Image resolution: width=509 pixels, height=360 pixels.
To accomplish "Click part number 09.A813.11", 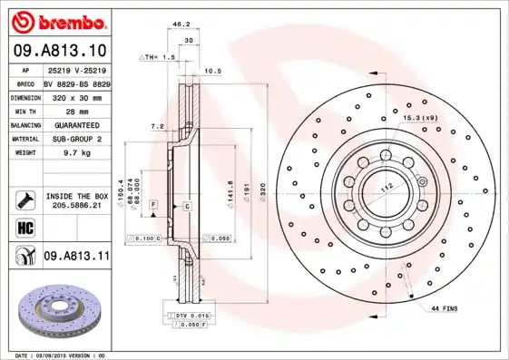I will point(76,257).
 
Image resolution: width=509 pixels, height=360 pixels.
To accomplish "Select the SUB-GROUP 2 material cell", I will point(75,139).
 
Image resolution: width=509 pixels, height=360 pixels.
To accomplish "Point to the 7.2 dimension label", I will point(156,127).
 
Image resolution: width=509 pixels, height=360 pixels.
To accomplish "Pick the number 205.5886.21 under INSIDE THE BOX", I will point(75,205).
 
